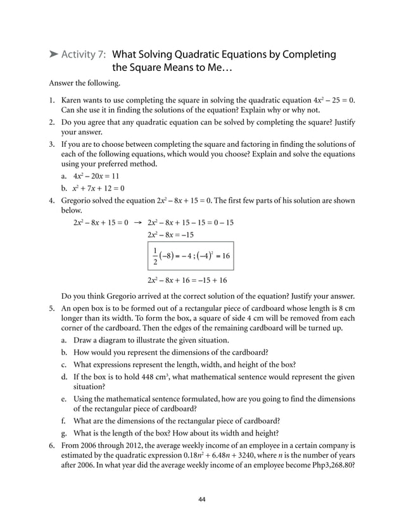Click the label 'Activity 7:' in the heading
[84, 54]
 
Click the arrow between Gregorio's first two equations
[138, 223]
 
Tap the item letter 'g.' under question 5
[65, 433]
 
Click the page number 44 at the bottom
[202, 499]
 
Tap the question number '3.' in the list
[53, 144]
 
